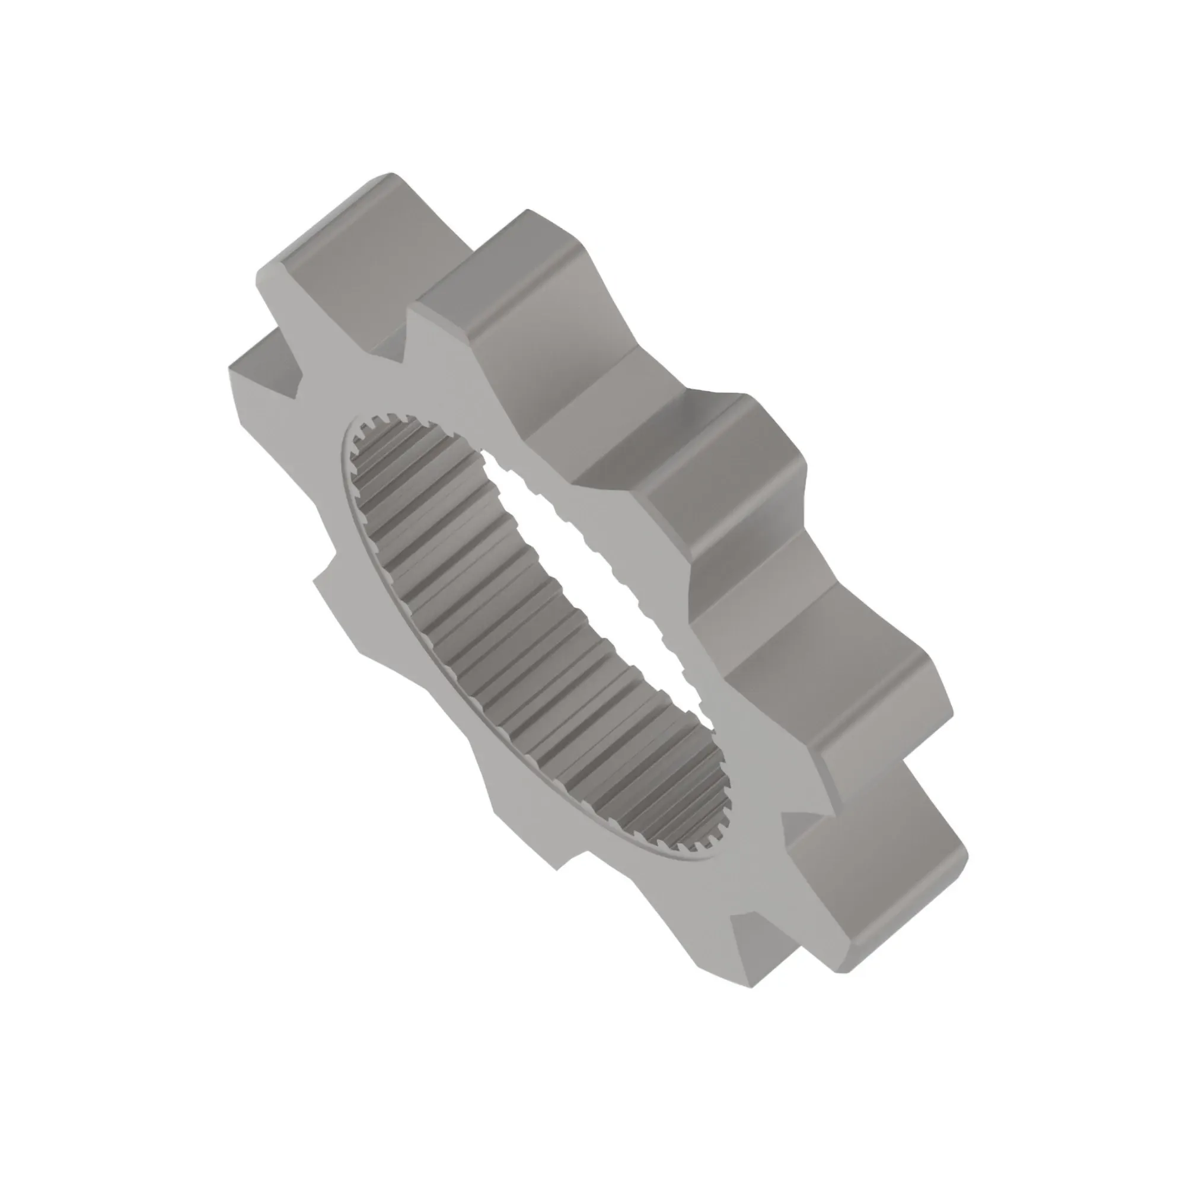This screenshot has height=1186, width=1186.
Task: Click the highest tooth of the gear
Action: (344, 246)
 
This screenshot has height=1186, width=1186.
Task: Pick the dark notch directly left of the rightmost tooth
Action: (798, 822)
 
